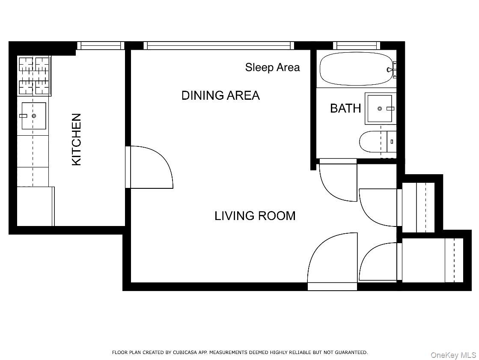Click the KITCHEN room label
pos(76,139)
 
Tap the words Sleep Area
pos(272,67)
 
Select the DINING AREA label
pos(220,95)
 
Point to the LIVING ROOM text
pos(255,216)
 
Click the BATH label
pos(345,108)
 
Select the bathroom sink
pos(380,108)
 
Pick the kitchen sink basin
pos(34,116)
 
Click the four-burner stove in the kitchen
pos(34,76)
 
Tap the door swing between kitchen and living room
pos(150,167)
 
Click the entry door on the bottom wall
pos(332,261)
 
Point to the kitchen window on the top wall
pos(101,45)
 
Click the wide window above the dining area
pos(219,45)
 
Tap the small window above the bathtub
pos(357,45)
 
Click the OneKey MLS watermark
pos(453,355)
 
